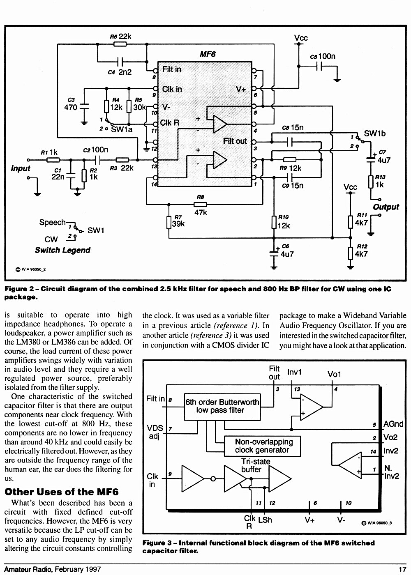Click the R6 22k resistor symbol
coord(120,44)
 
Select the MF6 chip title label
coord(208,54)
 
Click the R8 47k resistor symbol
coord(200,205)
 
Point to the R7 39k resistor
coord(169,223)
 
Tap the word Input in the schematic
coord(21,168)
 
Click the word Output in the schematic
coord(386,207)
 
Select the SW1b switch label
coord(374,133)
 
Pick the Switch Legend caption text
coord(62,250)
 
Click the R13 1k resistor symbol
coord(371,182)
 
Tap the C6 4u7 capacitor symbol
coord(274,254)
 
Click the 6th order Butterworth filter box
coord(222,407)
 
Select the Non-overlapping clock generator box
coord(262,446)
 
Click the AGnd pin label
coord(393,424)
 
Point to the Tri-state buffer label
coord(256,465)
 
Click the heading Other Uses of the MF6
coord(62,492)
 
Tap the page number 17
coord(402,570)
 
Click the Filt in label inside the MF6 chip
coord(172,69)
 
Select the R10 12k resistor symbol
coord(274,222)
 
